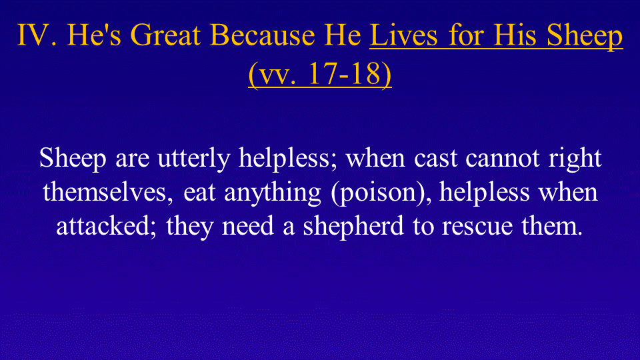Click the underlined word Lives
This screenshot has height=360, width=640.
point(404,35)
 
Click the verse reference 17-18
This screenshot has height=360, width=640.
point(345,74)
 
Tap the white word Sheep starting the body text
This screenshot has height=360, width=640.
point(73,159)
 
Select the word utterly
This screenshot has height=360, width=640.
point(194,159)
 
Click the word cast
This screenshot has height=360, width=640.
point(435,159)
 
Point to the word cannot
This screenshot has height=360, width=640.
point(503,159)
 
